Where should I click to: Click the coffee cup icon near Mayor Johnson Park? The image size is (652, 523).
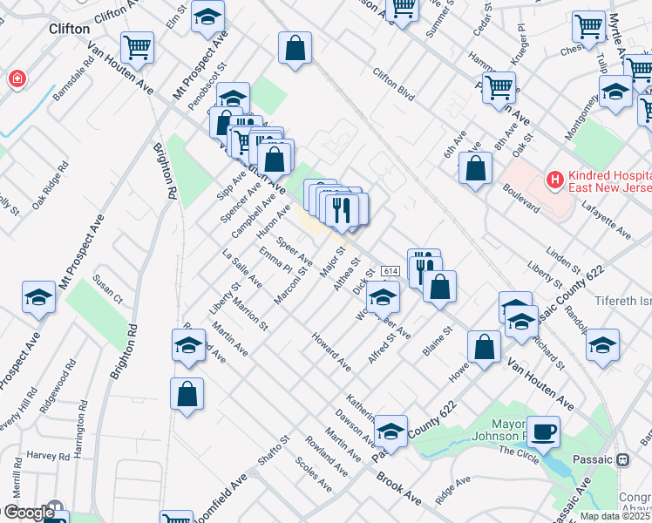pyautogui.click(x=543, y=431)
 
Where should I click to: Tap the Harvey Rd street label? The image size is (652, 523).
pyautogui.click(x=47, y=456)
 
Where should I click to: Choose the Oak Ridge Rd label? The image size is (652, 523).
pyautogui.click(x=50, y=186)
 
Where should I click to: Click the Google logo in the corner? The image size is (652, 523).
pyautogui.click(x=29, y=513)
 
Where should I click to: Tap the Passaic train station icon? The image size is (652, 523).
pyautogui.click(x=623, y=459)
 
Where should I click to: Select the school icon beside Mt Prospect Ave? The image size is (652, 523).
pyautogui.click(x=38, y=298)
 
